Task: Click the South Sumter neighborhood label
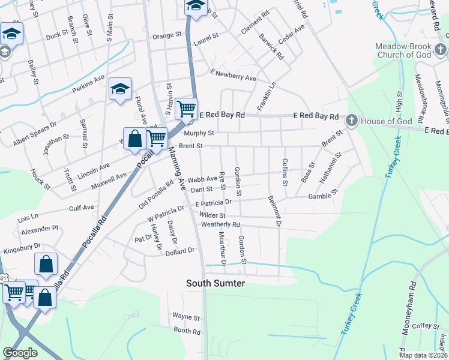click(215, 283)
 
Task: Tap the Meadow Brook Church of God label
click(411, 50)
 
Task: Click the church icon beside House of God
click(351, 121)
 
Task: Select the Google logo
click(20, 353)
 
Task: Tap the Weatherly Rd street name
click(220, 224)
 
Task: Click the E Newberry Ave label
click(233, 75)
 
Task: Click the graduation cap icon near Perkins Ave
click(120, 90)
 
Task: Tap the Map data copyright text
click(423, 355)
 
